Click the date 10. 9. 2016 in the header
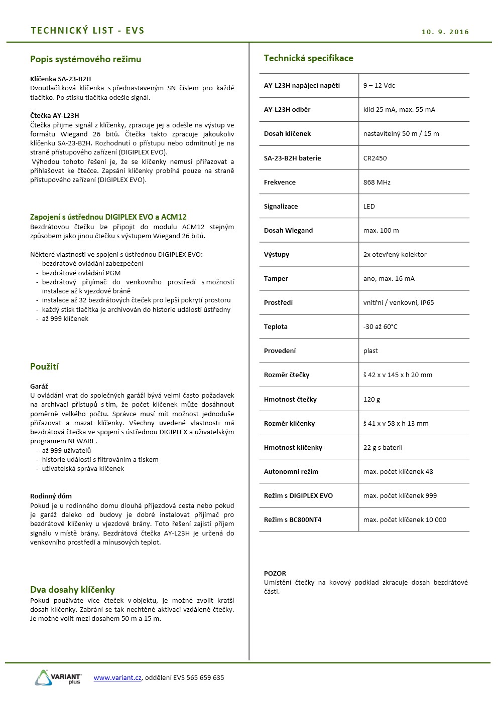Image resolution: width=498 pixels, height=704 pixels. pyautogui.click(x=445, y=32)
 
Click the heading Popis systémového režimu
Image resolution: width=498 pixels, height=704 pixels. pyautogui.click(x=85, y=59)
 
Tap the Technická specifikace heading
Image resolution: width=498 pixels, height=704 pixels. pyautogui.click(x=308, y=58)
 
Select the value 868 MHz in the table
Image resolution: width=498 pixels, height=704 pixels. pyautogui.click(x=377, y=182)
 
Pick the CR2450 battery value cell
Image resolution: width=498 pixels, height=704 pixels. pyautogui.click(x=375, y=158)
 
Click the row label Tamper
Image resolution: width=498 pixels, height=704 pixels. pyautogui.click(x=276, y=278)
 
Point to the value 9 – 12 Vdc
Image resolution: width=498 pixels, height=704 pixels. pyautogui.click(x=379, y=85)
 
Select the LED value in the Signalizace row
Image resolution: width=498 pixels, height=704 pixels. pyautogui.click(x=369, y=206)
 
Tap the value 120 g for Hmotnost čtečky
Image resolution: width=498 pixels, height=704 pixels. pyautogui.click(x=371, y=399)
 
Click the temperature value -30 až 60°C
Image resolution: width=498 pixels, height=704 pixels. pyautogui.click(x=380, y=326)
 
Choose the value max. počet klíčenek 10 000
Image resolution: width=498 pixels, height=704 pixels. pyautogui.click(x=405, y=519)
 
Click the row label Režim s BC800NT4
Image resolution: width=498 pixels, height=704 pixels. pyautogui.click(x=292, y=519)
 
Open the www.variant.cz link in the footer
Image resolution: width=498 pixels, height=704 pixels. pyautogui.click(x=117, y=677)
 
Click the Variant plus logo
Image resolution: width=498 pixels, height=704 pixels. pyautogui.click(x=58, y=677)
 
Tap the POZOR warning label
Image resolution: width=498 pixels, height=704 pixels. pyautogui.click(x=275, y=573)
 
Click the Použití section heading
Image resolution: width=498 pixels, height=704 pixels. pyautogui.click(x=44, y=367)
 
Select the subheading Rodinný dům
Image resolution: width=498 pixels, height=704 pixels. pyautogui.click(x=51, y=496)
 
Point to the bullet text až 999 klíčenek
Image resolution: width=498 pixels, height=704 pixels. pyautogui.click(x=65, y=318)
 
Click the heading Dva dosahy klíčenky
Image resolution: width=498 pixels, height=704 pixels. pyautogui.click(x=72, y=590)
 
